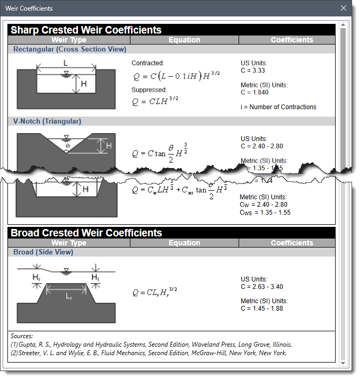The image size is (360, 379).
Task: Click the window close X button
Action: [x=344, y=8]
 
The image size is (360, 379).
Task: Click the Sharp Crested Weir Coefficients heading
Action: [x=86, y=30]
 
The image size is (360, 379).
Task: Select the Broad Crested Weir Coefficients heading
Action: [x=86, y=233]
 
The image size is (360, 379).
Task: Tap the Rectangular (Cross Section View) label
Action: [x=69, y=49]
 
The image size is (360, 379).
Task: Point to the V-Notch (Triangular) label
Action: [x=47, y=121]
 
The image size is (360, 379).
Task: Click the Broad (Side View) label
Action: [x=43, y=252]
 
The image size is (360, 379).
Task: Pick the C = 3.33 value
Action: [x=253, y=70]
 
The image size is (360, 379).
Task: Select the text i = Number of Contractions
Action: [x=278, y=107]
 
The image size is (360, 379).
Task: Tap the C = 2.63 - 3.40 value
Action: [x=262, y=287]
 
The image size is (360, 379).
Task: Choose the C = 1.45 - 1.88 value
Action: [x=262, y=309]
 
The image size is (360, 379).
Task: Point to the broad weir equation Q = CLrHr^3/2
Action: [x=155, y=292]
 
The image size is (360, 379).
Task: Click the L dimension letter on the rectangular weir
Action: [x=65, y=63]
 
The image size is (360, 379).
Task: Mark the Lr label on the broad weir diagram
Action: [x=69, y=296]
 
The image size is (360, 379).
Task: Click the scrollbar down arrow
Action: [x=343, y=363]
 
